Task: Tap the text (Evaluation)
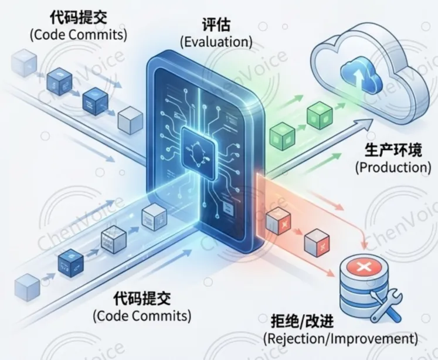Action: pos(216,42)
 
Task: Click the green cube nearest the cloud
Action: pos(317,114)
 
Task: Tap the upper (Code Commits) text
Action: pos(78,34)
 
